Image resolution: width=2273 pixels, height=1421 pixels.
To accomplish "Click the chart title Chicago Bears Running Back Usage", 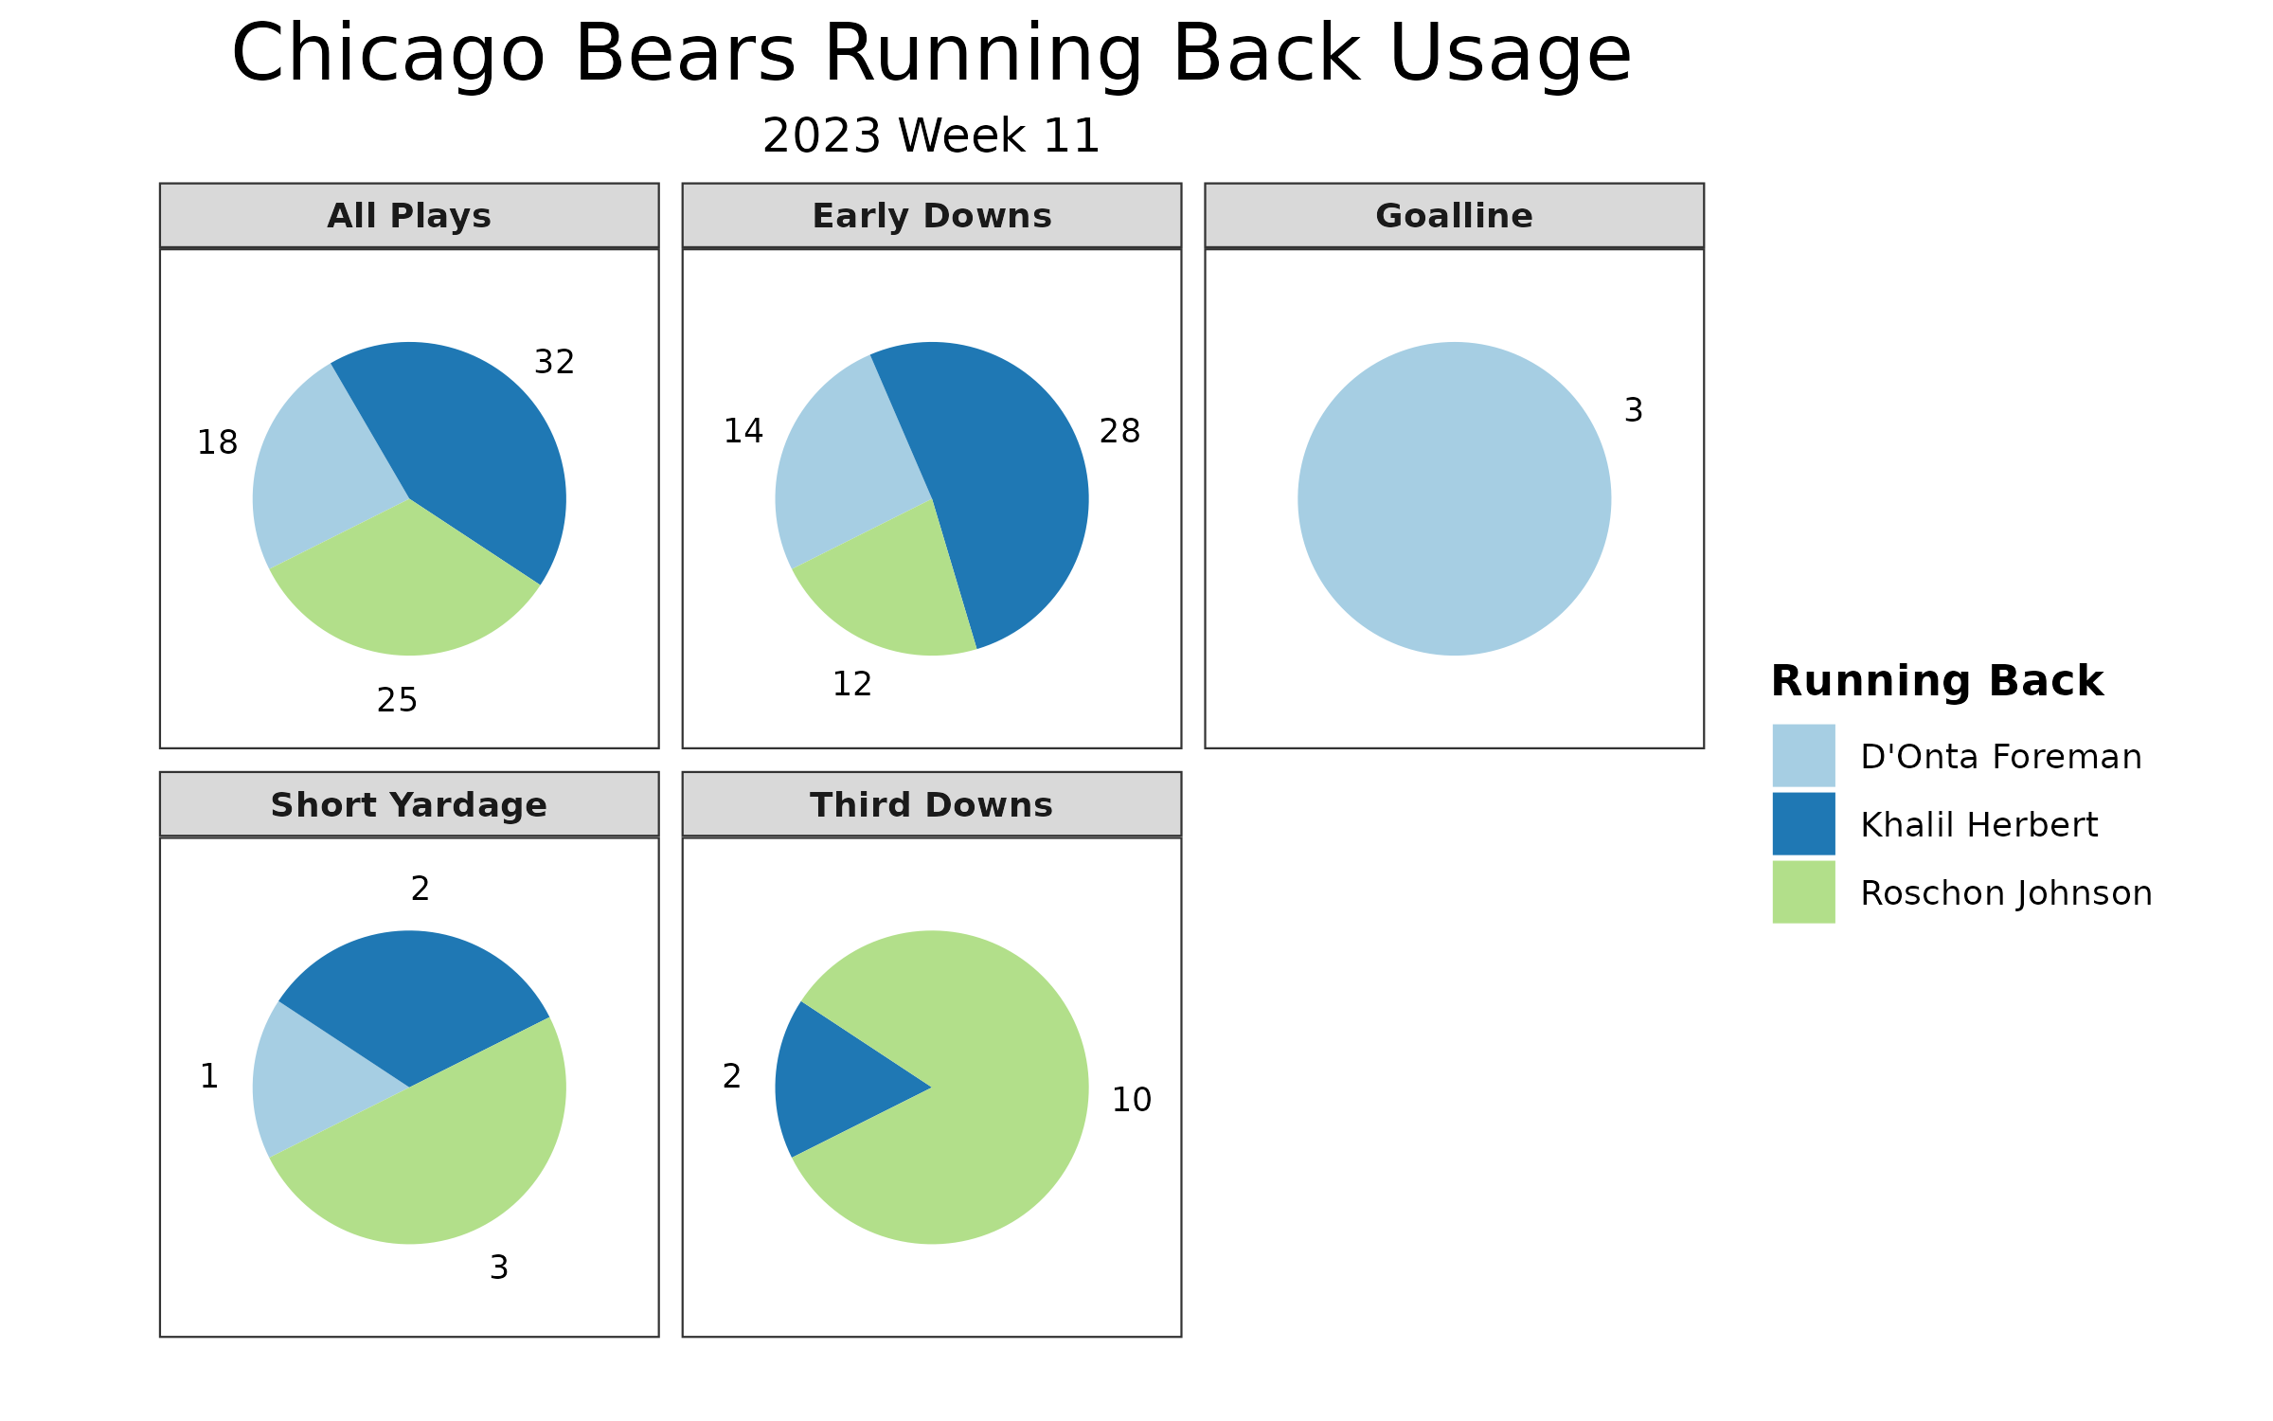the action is pyautogui.click(x=931, y=55).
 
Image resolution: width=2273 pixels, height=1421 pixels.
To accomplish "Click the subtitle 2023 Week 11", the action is pyautogui.click(x=931, y=135).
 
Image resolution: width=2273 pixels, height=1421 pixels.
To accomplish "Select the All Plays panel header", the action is pyautogui.click(x=409, y=216).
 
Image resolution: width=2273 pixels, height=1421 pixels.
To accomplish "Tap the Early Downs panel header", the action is pyautogui.click(x=932, y=216).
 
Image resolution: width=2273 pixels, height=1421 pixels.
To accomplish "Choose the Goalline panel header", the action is pyautogui.click(x=1455, y=216).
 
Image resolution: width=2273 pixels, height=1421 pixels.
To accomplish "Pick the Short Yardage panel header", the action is pyautogui.click(x=409, y=804).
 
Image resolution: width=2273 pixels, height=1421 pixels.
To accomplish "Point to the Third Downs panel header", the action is pyautogui.click(x=932, y=804).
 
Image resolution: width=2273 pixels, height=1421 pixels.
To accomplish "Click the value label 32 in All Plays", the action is pyautogui.click(x=555, y=362).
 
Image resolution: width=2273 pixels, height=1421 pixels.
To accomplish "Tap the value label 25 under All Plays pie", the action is pyautogui.click(x=397, y=700).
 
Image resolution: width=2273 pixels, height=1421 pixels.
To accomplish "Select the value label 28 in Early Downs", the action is pyautogui.click(x=1120, y=431).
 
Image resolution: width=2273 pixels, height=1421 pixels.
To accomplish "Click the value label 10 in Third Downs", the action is pyautogui.click(x=1132, y=1100).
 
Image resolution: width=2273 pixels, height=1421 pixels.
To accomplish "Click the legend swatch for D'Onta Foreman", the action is pyautogui.click(x=1804, y=755).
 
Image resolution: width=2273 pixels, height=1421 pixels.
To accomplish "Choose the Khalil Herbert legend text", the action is pyautogui.click(x=1979, y=825).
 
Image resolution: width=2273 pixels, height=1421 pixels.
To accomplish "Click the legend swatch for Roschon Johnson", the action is pyautogui.click(x=1804, y=891).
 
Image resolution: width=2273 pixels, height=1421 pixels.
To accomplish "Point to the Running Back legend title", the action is pyautogui.click(x=1938, y=681).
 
